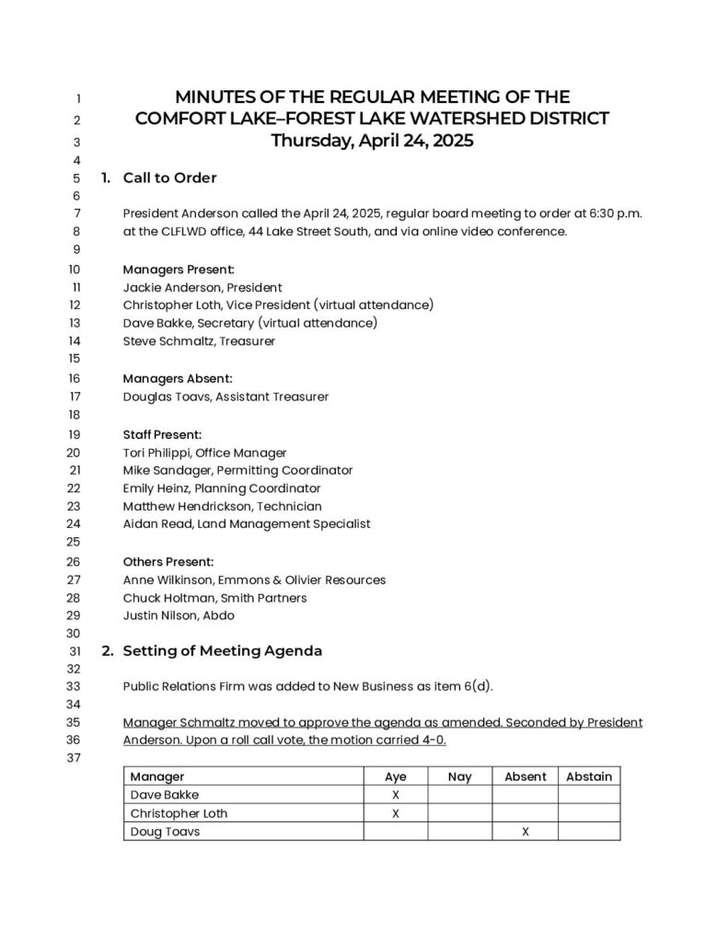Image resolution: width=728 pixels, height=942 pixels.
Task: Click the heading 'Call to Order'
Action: click(169, 178)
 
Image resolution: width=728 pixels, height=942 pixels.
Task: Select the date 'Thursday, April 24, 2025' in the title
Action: click(372, 141)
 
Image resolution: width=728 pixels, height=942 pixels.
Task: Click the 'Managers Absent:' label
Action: click(178, 378)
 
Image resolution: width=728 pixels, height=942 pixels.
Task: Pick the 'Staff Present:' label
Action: click(162, 434)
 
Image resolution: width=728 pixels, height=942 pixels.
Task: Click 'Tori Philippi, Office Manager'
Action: click(204, 453)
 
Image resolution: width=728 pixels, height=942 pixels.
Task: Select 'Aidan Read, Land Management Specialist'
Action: click(247, 523)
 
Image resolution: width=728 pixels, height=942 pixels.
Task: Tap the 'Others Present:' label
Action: click(168, 561)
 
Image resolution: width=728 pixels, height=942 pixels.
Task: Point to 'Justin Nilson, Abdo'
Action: click(179, 615)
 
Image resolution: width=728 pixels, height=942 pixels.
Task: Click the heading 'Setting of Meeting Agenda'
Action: click(222, 650)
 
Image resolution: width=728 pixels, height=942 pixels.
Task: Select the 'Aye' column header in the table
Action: click(395, 776)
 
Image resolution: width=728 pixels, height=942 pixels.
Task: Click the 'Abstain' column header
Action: click(589, 776)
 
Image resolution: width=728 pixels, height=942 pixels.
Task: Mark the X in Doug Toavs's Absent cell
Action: click(526, 832)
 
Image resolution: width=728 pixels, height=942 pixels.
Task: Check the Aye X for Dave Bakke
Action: click(395, 795)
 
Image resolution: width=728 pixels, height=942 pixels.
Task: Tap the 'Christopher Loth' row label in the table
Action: click(179, 813)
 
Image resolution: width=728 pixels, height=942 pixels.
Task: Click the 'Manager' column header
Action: click(157, 776)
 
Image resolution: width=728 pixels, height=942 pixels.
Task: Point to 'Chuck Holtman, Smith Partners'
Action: click(215, 598)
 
